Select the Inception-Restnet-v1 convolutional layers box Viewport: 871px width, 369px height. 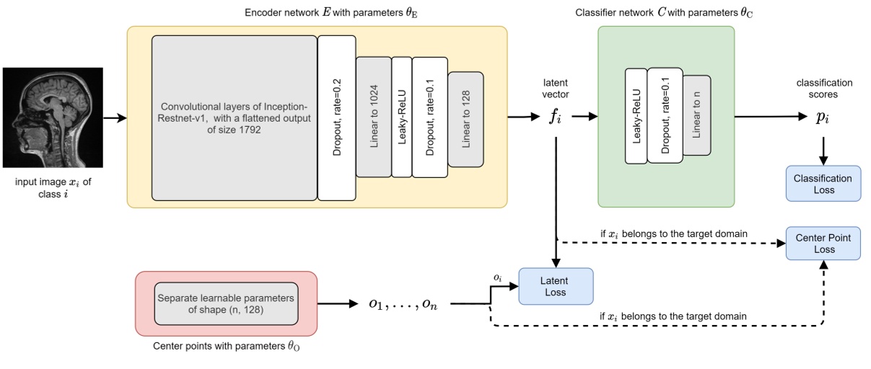(x=234, y=117)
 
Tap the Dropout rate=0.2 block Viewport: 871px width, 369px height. (x=336, y=117)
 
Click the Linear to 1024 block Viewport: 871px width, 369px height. (x=373, y=117)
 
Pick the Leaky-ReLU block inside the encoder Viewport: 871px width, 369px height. (x=401, y=117)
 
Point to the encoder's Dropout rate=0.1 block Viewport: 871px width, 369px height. (x=429, y=117)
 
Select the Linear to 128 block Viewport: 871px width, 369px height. (x=466, y=117)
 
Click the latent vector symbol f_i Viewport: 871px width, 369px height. (x=555, y=117)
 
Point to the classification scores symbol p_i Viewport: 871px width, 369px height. (x=823, y=117)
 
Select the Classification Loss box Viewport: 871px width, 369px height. (x=823, y=184)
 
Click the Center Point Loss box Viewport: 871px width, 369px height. (x=823, y=244)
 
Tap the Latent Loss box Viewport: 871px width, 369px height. (x=556, y=286)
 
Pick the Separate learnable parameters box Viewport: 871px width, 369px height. (x=226, y=303)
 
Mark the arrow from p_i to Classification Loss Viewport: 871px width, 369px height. (x=823, y=148)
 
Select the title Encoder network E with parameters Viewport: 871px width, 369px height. (x=318, y=12)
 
